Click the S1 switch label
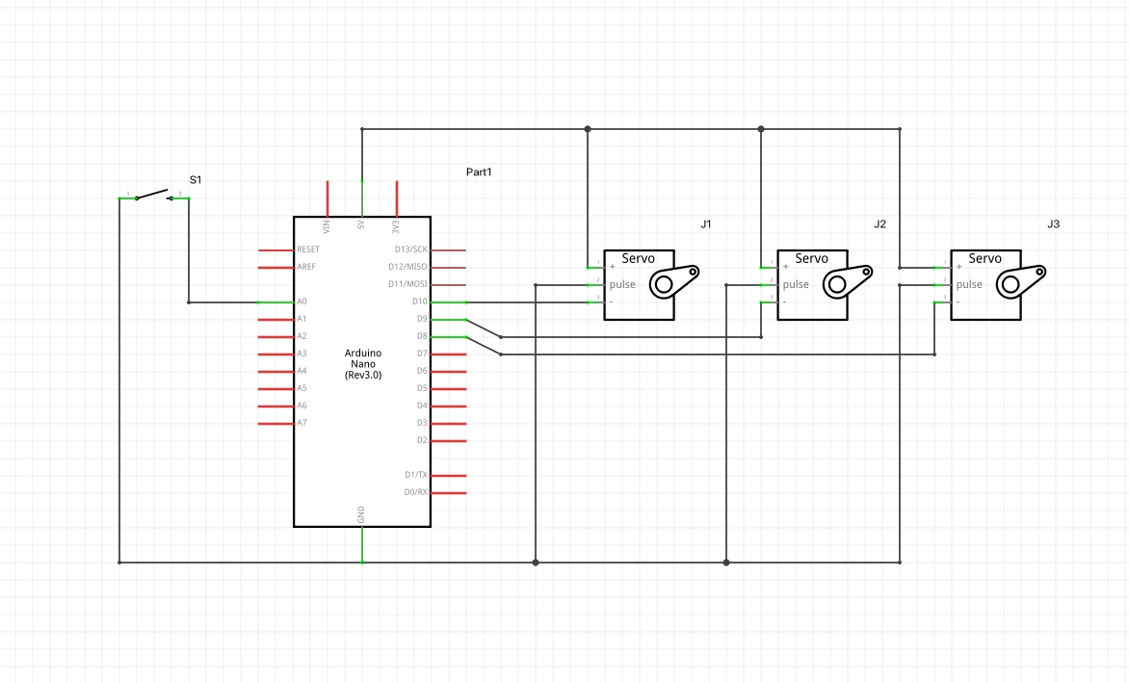click(x=196, y=180)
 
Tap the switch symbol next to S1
click(x=154, y=196)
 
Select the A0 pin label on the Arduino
click(x=302, y=302)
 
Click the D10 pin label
click(x=419, y=302)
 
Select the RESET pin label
click(x=308, y=249)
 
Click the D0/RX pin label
click(x=416, y=492)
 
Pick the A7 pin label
click(x=302, y=423)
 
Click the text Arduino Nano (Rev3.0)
click(x=362, y=364)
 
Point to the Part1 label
click(x=479, y=172)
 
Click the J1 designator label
click(x=706, y=224)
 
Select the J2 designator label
click(x=880, y=224)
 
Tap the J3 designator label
click(x=1053, y=224)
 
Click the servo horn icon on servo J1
click(x=672, y=281)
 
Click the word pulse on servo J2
click(x=796, y=284)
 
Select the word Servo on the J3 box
click(x=985, y=258)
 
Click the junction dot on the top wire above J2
click(x=761, y=128)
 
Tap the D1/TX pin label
click(x=416, y=475)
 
